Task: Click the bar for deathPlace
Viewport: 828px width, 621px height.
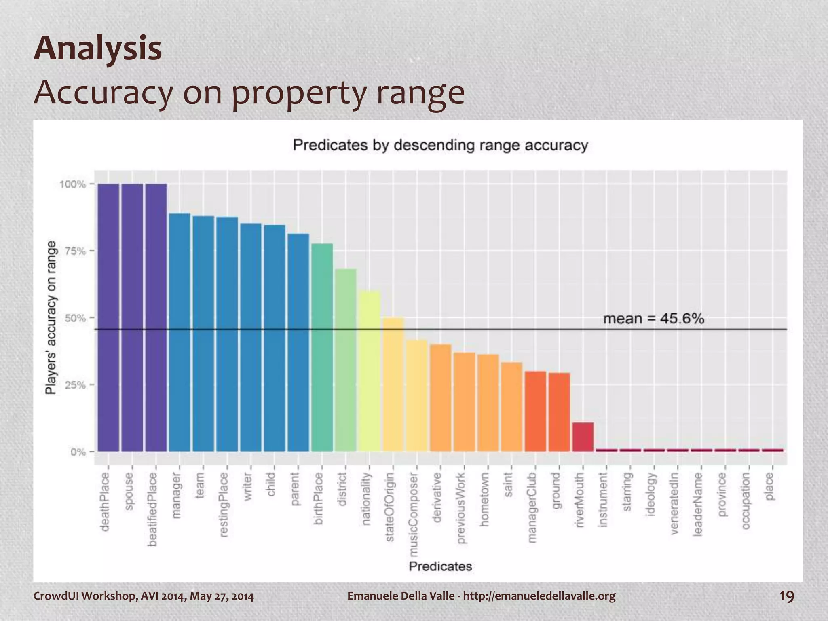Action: click(108, 317)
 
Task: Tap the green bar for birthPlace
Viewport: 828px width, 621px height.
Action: click(322, 347)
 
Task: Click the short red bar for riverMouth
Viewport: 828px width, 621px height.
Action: click(583, 437)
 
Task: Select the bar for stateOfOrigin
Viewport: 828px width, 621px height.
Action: click(393, 384)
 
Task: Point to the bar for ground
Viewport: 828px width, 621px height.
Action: click(559, 412)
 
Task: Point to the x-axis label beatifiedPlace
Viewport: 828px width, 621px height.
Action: click(152, 509)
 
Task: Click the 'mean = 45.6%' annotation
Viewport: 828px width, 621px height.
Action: click(653, 319)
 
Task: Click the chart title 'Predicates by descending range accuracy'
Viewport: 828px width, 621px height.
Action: click(440, 145)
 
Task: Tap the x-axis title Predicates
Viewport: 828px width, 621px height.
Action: click(440, 566)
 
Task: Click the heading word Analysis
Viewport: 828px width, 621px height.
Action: click(98, 49)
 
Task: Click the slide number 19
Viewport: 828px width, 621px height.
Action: click(786, 596)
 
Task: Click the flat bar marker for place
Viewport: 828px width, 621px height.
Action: click(772, 450)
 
